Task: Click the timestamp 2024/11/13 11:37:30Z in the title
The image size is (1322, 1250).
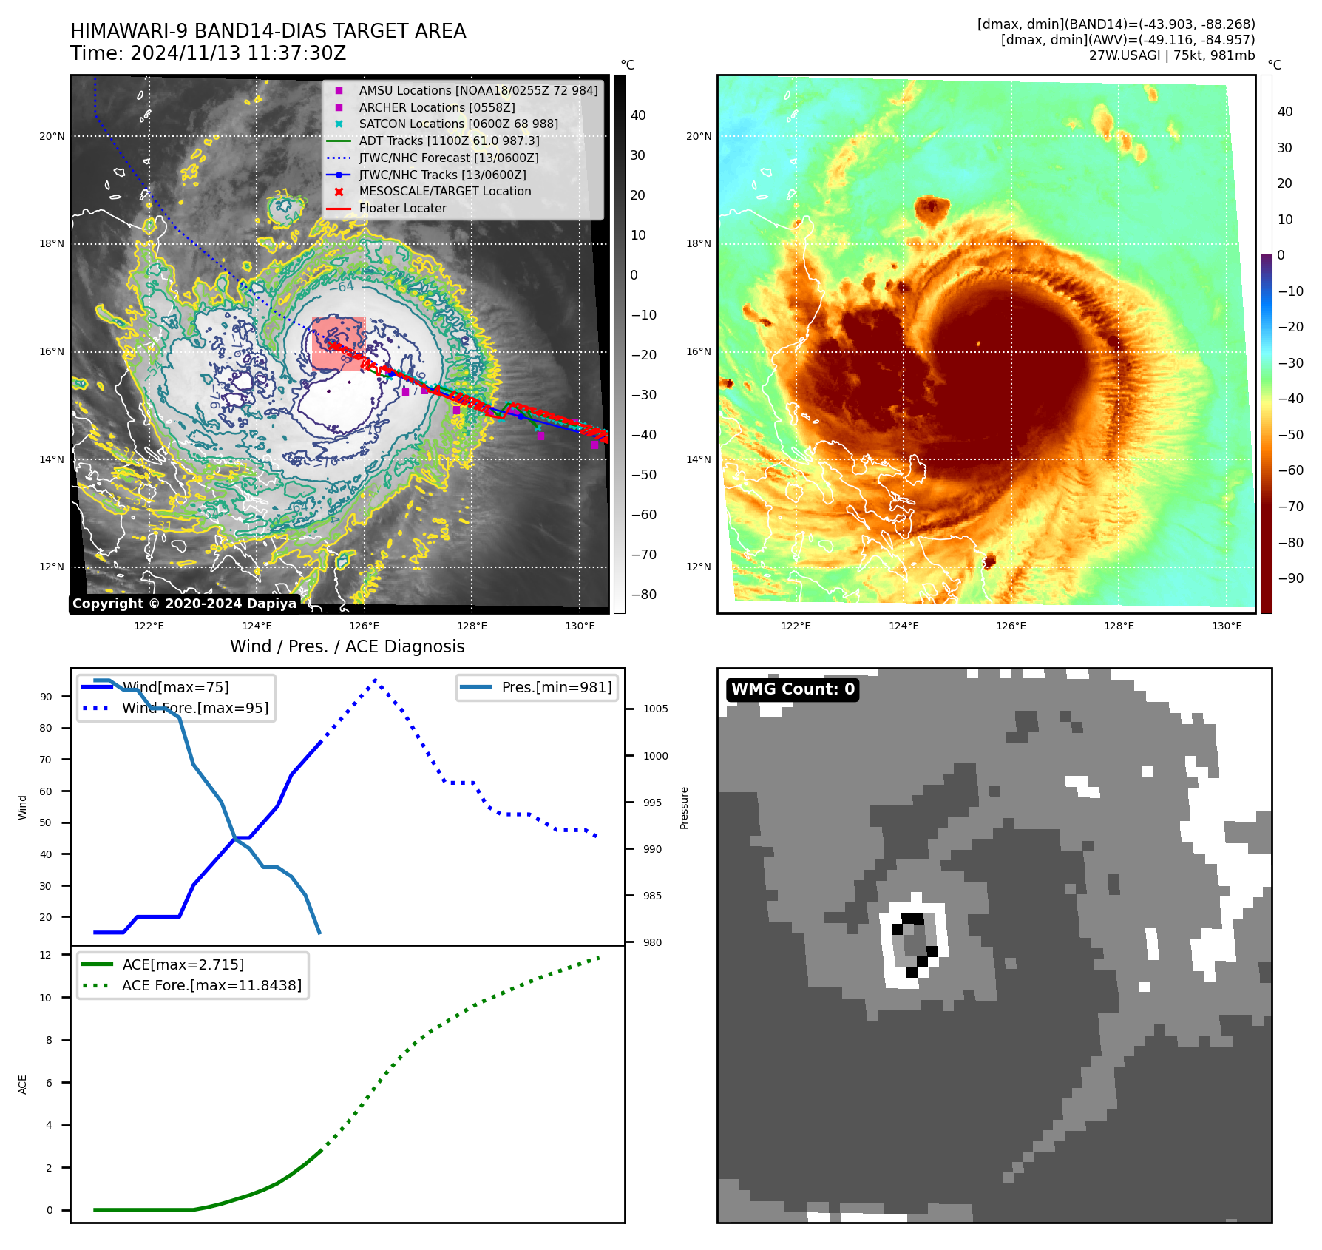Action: point(238,53)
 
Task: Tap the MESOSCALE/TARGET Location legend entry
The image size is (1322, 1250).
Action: point(444,191)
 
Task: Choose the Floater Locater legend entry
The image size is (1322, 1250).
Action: point(402,208)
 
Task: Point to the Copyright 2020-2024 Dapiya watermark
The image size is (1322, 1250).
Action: point(184,604)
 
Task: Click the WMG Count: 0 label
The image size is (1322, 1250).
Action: point(793,689)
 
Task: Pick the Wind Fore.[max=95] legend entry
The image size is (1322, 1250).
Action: point(195,708)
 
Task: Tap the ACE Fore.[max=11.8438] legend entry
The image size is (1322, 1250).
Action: point(211,985)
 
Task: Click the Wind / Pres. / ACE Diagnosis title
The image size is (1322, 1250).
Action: point(348,646)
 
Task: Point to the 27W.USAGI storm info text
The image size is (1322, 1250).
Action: point(1171,55)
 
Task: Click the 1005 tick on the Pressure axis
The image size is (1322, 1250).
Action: point(655,709)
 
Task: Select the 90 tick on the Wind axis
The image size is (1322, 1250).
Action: point(47,697)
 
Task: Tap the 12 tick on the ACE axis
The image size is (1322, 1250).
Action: point(47,955)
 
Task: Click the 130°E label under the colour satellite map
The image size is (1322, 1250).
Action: point(1227,626)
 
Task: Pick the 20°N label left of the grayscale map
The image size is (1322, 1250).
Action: point(52,136)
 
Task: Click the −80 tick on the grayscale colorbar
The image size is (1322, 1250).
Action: point(643,595)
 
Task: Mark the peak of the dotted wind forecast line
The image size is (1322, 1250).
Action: point(376,680)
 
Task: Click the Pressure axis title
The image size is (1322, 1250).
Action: point(685,808)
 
